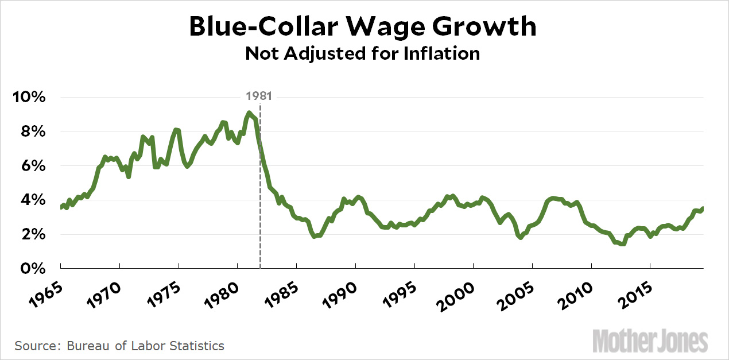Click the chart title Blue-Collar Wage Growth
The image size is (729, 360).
point(363,27)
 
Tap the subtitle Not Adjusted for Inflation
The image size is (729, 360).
point(363,53)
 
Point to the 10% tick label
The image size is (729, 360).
point(28,97)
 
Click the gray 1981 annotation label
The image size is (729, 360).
point(259,96)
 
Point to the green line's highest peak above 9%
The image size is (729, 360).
point(249,113)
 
